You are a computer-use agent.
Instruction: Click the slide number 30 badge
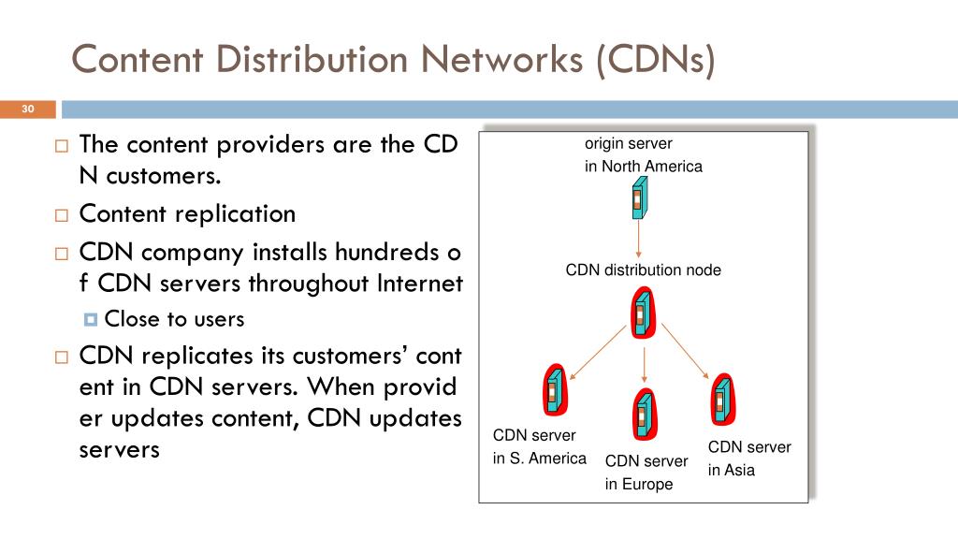27,110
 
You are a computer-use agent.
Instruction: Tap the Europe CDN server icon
643,413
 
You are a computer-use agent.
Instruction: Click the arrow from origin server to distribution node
638,241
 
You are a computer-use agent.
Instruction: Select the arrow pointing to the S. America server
597,354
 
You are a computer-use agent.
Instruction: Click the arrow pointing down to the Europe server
643,363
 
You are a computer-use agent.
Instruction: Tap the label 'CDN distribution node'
644,270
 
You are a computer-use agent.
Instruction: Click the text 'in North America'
644,167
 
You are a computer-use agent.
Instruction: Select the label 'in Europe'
639,484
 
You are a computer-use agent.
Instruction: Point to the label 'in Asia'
731,470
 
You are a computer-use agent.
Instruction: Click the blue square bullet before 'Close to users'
90,320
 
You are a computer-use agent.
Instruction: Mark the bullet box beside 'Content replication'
62,215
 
